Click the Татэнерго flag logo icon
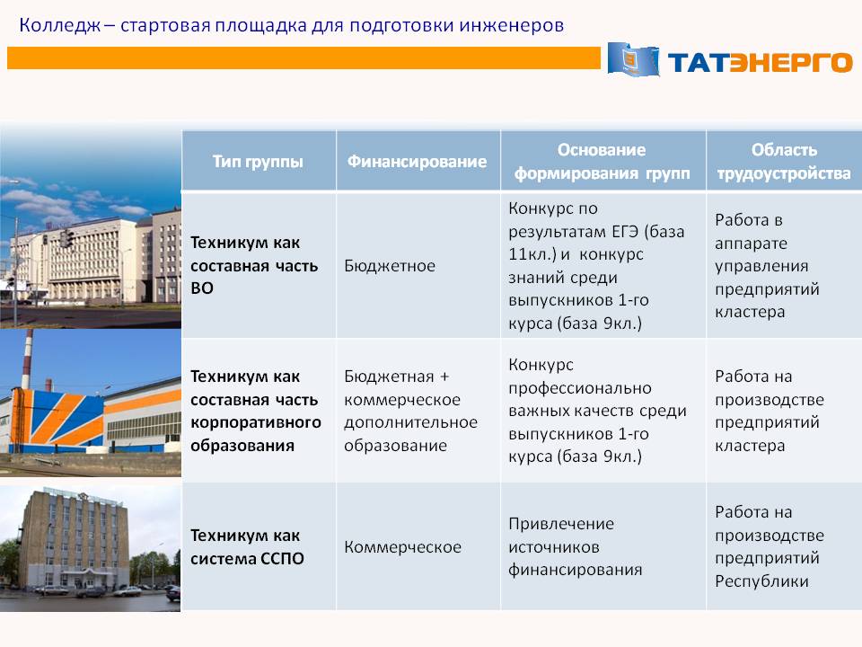pos(633,58)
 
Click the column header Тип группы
pos(258,161)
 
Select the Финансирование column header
pos(417,161)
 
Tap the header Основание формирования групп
pos(602,161)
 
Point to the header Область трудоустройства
pos(784,161)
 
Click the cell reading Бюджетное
pos(390,266)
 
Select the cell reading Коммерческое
pos(402,547)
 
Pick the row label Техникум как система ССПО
pos(247,547)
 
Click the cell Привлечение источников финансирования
pos(575,547)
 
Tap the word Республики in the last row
pos(761,581)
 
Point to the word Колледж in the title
pos(59,26)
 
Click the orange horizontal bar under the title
pos(303,58)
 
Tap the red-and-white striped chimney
pos(26,360)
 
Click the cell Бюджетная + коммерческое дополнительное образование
pos(410,411)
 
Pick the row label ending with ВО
pos(254,266)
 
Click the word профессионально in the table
pos(579,388)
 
